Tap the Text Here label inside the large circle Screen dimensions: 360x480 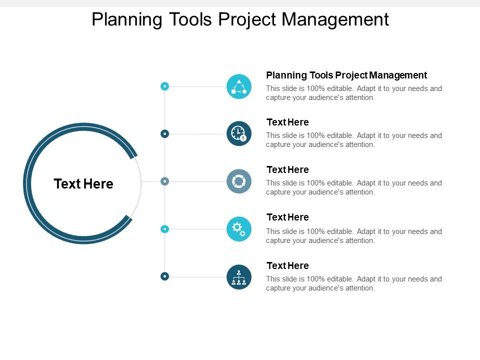pos(83,184)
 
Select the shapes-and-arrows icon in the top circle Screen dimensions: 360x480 pos(239,86)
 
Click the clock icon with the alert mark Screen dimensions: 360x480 pos(239,133)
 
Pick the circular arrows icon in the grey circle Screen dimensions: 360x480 pos(239,181)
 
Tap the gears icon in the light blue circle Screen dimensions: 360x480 pos(239,229)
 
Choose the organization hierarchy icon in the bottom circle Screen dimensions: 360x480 pos(239,276)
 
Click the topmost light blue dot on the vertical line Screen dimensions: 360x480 pos(164,86)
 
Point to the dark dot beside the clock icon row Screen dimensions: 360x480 pos(164,133)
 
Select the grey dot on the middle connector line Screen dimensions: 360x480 pos(164,181)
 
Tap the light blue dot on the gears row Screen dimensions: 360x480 pos(164,229)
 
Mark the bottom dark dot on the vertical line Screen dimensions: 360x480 pos(164,276)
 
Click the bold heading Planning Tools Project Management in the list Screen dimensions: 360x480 pos(346,75)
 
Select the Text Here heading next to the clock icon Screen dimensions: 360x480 pos(287,122)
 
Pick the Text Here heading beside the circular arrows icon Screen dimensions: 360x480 pos(287,170)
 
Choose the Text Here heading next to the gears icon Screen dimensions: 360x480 pos(287,217)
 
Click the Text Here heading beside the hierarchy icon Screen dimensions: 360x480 pos(287,265)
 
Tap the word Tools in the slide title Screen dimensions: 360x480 pos(193,20)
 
